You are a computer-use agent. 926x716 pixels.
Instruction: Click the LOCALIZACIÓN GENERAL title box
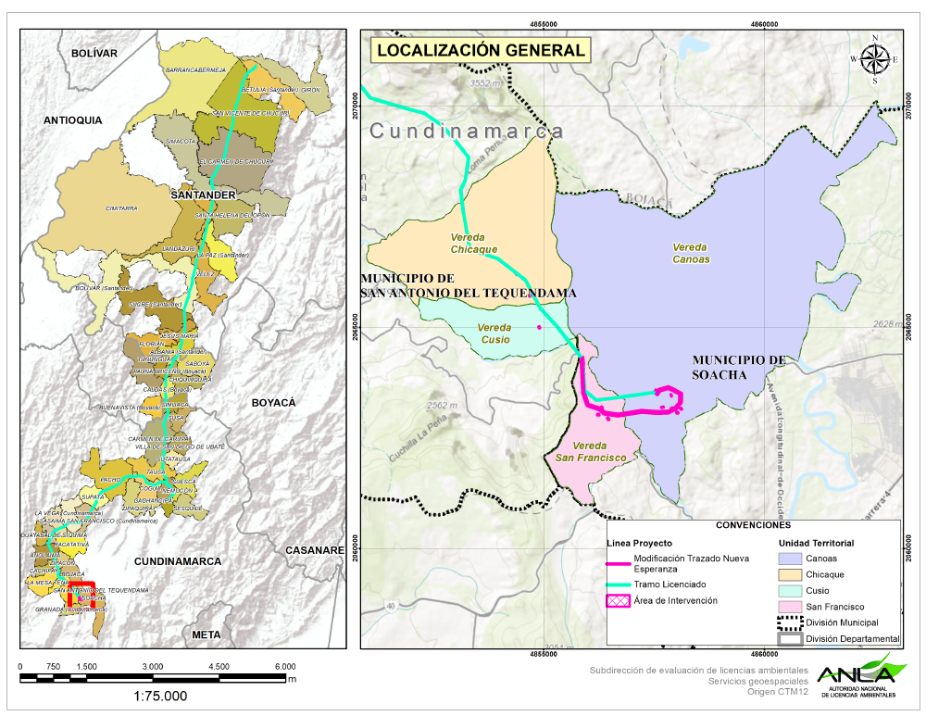(x=481, y=50)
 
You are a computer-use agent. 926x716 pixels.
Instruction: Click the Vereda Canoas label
(x=691, y=253)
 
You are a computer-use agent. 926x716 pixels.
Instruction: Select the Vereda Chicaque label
(x=473, y=244)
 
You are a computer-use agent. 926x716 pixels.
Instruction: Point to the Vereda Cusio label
(x=494, y=333)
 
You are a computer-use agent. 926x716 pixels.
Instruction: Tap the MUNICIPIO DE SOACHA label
(x=738, y=367)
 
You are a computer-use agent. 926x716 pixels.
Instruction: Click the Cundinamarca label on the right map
(x=467, y=132)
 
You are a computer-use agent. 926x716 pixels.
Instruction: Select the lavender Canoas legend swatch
(x=789, y=559)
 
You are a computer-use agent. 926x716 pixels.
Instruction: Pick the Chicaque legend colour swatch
(x=789, y=574)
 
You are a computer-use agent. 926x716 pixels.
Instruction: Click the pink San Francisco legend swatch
(x=789, y=607)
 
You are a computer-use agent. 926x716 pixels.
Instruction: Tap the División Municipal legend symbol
(x=789, y=622)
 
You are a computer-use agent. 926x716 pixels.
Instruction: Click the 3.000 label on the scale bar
(x=153, y=667)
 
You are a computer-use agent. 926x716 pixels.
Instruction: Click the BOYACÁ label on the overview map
(x=273, y=403)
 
